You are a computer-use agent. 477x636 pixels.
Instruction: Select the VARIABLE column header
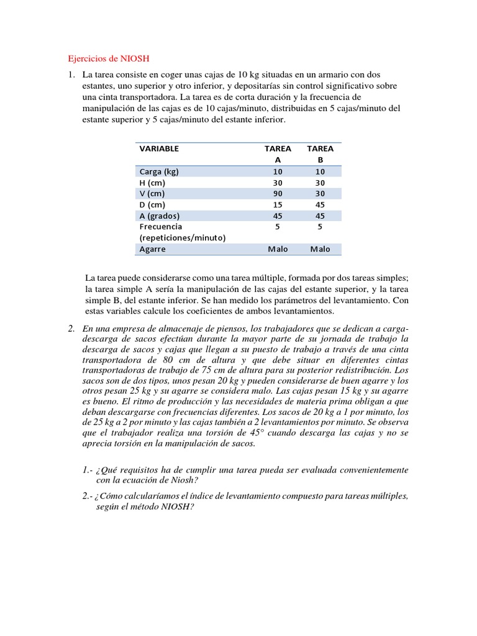(159, 148)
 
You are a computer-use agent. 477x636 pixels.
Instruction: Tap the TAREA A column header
(278, 154)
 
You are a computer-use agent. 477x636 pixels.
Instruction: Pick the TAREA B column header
(320, 154)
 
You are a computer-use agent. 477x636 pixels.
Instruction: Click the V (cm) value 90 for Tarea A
(278, 193)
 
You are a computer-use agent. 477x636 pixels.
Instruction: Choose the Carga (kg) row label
(159, 171)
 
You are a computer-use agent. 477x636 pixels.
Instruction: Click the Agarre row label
(152, 249)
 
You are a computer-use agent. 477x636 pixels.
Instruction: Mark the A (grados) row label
(160, 216)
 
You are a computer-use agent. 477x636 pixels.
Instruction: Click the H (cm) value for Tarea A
(278, 183)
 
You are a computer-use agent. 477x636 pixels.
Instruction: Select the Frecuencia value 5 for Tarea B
(320, 227)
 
